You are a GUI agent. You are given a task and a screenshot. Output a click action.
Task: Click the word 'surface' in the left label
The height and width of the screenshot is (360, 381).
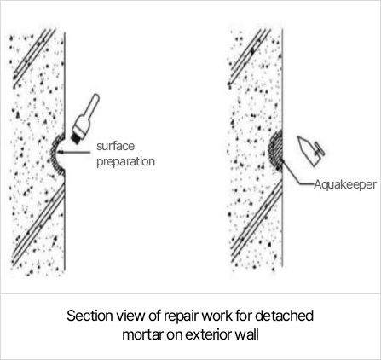coord(115,146)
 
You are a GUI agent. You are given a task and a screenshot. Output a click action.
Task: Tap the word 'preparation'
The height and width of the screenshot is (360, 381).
coord(125,162)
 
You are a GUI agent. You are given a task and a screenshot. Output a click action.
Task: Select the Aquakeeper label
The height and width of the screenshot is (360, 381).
coord(345,184)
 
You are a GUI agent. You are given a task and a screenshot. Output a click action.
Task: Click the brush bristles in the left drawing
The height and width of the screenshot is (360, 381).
coord(77,137)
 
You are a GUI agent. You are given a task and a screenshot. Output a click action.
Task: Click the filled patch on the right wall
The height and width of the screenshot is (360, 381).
coord(275,150)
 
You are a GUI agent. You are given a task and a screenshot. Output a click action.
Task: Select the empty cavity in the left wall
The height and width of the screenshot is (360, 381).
coord(59,154)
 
